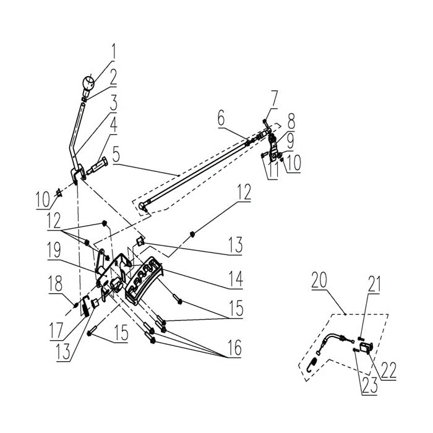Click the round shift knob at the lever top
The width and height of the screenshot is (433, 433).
[88, 82]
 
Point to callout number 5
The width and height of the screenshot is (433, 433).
[116, 155]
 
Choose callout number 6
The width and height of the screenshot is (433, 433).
[221, 119]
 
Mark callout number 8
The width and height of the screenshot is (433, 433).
[291, 121]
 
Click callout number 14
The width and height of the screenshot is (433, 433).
[236, 279]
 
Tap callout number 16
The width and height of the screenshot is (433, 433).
[234, 348]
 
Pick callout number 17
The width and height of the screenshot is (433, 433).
[56, 332]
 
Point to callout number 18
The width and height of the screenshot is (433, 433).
[56, 283]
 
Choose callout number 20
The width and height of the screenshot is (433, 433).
[320, 280]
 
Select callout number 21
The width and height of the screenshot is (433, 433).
[374, 284]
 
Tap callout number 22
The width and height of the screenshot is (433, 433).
[389, 371]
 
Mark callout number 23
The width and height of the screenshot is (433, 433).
[370, 385]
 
